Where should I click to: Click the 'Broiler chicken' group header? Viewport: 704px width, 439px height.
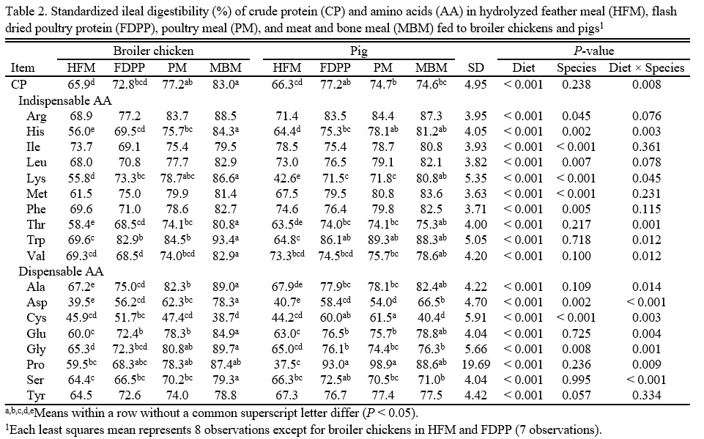tap(153, 51)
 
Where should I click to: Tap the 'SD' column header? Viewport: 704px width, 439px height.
tap(475, 68)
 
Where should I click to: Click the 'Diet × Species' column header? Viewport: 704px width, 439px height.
tap(647, 68)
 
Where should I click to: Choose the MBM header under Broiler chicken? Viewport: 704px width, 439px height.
tap(226, 68)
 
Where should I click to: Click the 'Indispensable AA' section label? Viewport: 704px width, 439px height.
tap(64, 101)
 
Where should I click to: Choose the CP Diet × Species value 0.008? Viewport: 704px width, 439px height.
tap(647, 85)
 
